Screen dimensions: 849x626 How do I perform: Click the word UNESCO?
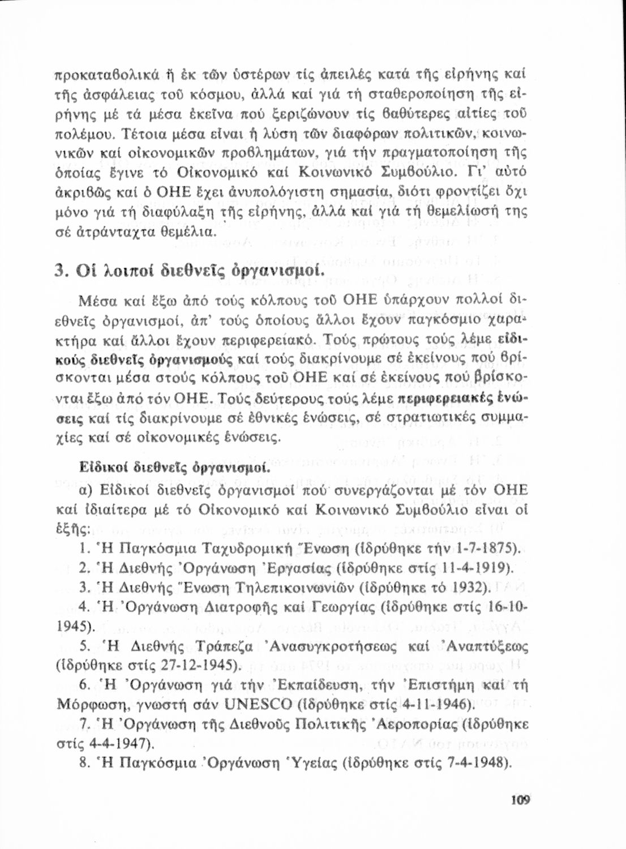click(258, 704)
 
